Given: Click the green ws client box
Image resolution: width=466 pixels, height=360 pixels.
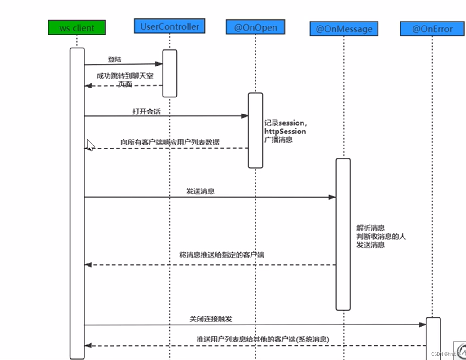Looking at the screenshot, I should point(77,28).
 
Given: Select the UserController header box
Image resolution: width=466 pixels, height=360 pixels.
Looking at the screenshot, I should point(170,26).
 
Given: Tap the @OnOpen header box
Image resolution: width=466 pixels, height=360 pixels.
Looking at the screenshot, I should point(255,27).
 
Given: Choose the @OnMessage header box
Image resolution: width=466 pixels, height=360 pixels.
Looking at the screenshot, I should point(344,29).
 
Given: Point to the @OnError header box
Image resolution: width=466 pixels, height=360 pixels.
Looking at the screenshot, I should point(432,29).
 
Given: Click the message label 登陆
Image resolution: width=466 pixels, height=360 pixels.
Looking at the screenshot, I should point(114,59).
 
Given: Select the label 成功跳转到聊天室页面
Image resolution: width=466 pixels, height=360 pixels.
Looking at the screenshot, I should point(125,79).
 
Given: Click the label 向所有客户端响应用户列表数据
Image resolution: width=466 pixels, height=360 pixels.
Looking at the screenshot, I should point(170,142).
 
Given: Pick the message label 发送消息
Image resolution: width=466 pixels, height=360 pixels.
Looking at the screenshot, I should point(200,191).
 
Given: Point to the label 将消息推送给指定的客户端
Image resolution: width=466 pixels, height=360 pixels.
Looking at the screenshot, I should point(222,255).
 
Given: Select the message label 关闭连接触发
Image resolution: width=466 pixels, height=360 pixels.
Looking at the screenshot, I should point(211,319).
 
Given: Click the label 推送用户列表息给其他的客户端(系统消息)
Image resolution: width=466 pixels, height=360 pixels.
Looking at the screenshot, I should point(263,340).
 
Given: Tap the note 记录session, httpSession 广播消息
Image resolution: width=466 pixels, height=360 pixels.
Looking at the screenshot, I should point(285,131).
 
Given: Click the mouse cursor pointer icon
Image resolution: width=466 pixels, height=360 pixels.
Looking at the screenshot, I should point(90,145).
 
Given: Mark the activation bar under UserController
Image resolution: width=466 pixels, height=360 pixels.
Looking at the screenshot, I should point(170,73).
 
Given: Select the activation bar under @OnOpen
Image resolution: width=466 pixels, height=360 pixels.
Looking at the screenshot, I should point(255,130).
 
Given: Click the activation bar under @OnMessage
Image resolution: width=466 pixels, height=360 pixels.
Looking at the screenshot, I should point(343,234).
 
